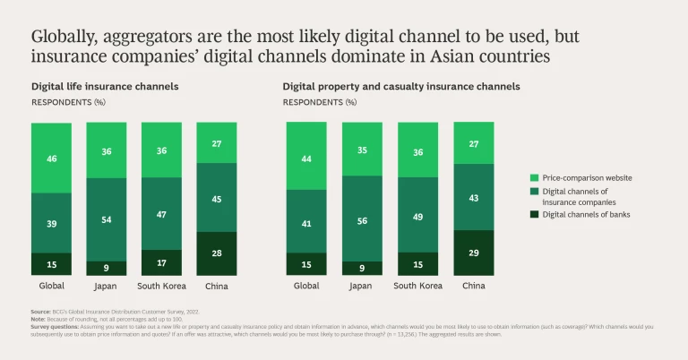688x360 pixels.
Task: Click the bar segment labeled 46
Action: [x=52, y=158]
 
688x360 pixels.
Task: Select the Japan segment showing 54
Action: [x=107, y=219]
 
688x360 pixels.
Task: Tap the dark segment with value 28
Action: [x=216, y=253]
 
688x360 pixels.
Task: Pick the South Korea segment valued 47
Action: [x=161, y=215]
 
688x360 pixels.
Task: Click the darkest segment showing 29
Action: [x=472, y=253]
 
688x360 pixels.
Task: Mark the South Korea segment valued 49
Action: [x=417, y=216]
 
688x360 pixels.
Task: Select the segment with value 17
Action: [x=161, y=262]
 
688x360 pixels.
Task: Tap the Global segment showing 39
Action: [x=52, y=223]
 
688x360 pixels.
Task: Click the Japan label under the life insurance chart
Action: [x=107, y=287]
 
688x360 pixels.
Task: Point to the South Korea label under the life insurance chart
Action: [x=161, y=287]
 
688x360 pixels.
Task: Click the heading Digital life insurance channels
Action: [x=105, y=87]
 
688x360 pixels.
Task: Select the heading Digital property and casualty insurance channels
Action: [x=401, y=87]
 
